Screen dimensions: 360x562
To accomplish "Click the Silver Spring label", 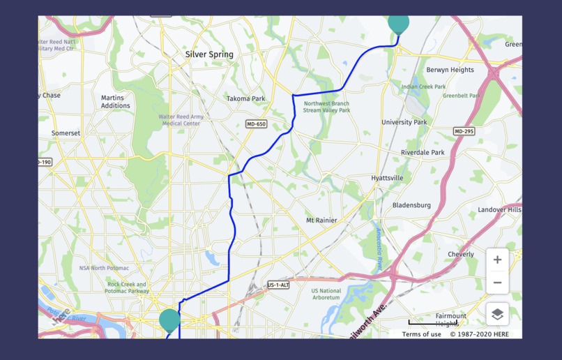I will (209, 54).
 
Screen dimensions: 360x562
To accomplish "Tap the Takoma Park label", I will (245, 99).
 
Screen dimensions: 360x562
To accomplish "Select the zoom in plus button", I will (497, 260).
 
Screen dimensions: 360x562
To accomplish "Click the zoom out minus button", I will (497, 283).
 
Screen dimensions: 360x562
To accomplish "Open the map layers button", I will (497, 314).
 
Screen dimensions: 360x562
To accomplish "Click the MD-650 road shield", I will (256, 124).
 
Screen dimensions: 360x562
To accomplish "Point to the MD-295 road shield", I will (464, 131).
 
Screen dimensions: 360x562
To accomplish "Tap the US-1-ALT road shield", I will (278, 285).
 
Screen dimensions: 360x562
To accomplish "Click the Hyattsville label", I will (387, 178).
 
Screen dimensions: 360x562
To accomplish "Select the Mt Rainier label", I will (321, 220).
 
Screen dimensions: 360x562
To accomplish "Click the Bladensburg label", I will (411, 205).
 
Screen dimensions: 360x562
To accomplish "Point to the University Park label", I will (404, 122).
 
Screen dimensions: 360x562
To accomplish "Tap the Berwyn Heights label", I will (450, 70).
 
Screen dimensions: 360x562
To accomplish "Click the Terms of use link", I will (421, 334).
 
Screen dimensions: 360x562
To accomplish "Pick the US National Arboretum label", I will (326, 294).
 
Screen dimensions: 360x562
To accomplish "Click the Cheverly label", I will (461, 255).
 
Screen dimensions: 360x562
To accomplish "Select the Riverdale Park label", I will (423, 152).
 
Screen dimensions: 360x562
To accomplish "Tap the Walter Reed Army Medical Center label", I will (180, 120).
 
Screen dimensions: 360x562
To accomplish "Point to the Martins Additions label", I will (116, 102).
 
